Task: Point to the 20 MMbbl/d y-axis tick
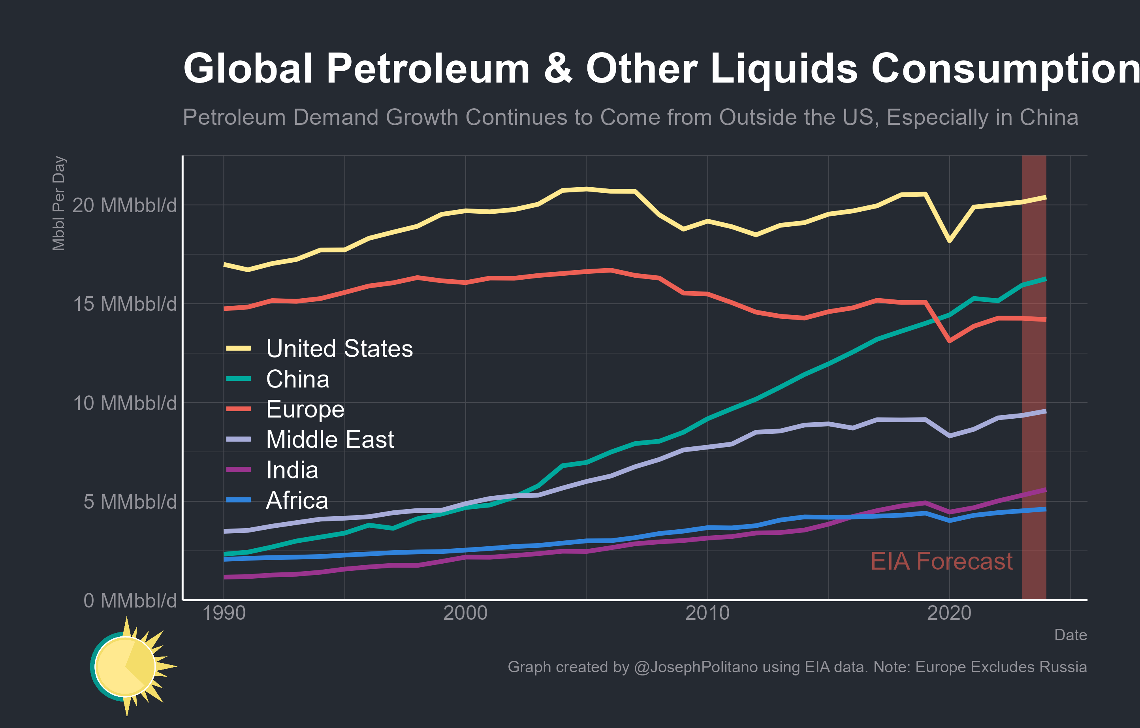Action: click(124, 205)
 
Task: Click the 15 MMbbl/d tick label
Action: click(124, 304)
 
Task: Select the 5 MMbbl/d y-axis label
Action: click(130, 502)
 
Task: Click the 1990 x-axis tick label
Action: click(224, 613)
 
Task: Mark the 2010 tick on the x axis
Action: click(707, 613)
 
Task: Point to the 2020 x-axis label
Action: click(949, 613)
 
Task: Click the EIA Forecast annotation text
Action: click(941, 561)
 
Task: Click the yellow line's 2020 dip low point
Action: click(949, 241)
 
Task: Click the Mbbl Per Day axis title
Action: click(59, 203)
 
